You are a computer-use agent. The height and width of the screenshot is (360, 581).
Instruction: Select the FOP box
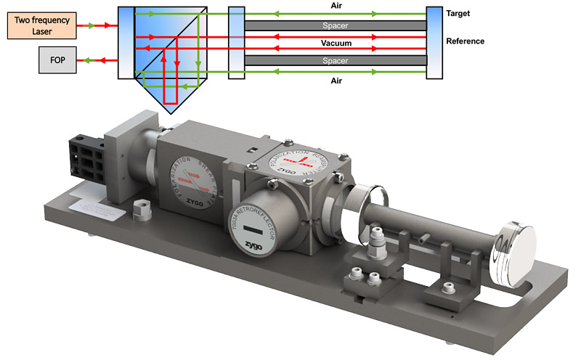click(x=55, y=61)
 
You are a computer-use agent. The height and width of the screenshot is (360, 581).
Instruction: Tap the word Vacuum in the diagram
click(x=336, y=44)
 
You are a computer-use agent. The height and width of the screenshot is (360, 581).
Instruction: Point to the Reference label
click(x=466, y=41)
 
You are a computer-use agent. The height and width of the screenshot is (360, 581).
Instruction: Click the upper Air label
click(x=336, y=6)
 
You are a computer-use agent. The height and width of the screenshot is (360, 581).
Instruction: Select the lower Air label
click(x=336, y=81)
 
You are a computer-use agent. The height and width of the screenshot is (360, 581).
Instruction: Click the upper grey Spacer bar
click(x=336, y=25)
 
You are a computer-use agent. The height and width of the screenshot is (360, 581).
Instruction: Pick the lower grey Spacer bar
click(x=336, y=61)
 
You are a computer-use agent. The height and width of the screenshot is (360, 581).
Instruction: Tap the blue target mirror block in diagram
click(x=434, y=43)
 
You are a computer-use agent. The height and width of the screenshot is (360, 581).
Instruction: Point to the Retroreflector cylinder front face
click(x=255, y=225)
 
